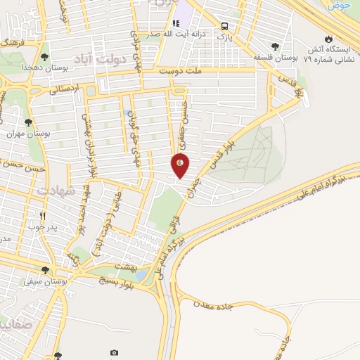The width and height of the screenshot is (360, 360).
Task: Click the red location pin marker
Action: [181, 165]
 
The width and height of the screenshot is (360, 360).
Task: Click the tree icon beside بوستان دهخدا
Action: [45, 55]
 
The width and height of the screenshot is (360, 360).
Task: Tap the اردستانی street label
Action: [65, 89]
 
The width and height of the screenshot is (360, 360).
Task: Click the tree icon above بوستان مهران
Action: [28, 122]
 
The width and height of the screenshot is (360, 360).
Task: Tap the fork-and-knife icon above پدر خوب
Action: [43, 216]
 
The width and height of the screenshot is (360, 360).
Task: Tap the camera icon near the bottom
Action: [115, 352]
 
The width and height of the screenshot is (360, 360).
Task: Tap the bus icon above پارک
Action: [224, 23]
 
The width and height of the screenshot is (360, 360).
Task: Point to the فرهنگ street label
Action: [11, 43]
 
